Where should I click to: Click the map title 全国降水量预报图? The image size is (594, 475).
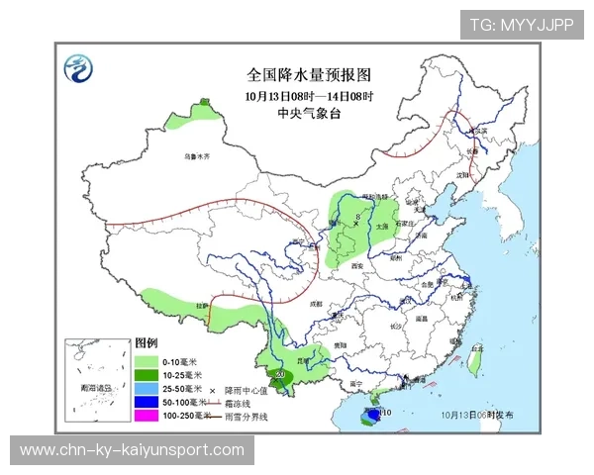[x=308, y=74]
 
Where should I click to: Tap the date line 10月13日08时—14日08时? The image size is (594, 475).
[x=308, y=96]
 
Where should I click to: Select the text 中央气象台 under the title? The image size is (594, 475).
[x=308, y=113]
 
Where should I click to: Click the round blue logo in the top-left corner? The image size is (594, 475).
[x=77, y=69]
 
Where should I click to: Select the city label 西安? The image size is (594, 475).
[x=356, y=266]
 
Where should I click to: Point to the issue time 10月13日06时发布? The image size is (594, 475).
[x=479, y=416]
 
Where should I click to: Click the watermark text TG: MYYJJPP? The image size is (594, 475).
[x=522, y=25]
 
